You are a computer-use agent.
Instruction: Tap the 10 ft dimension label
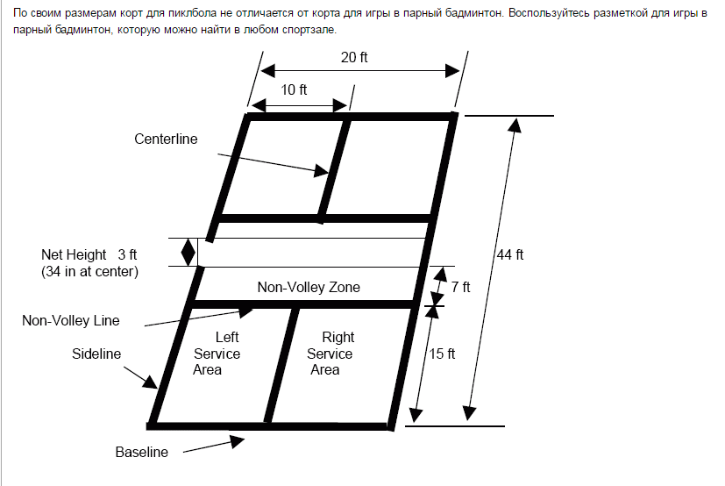click(294, 89)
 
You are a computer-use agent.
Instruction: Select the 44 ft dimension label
click(509, 255)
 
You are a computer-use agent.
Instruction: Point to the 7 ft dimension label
click(461, 286)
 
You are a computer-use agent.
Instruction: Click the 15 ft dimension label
click(442, 354)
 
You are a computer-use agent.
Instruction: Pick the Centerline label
click(166, 139)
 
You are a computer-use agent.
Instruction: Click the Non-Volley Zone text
click(309, 287)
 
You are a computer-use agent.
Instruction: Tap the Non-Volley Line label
click(70, 320)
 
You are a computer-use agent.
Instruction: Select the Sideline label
click(96, 354)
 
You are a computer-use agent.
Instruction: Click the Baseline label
click(141, 453)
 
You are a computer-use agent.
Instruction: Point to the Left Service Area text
click(217, 354)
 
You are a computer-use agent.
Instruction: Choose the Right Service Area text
click(330, 354)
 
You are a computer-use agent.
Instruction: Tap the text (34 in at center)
click(89, 272)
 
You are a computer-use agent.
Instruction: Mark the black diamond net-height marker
click(188, 252)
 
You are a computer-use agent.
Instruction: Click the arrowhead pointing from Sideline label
click(152, 382)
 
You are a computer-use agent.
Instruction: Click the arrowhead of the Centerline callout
click(320, 172)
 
